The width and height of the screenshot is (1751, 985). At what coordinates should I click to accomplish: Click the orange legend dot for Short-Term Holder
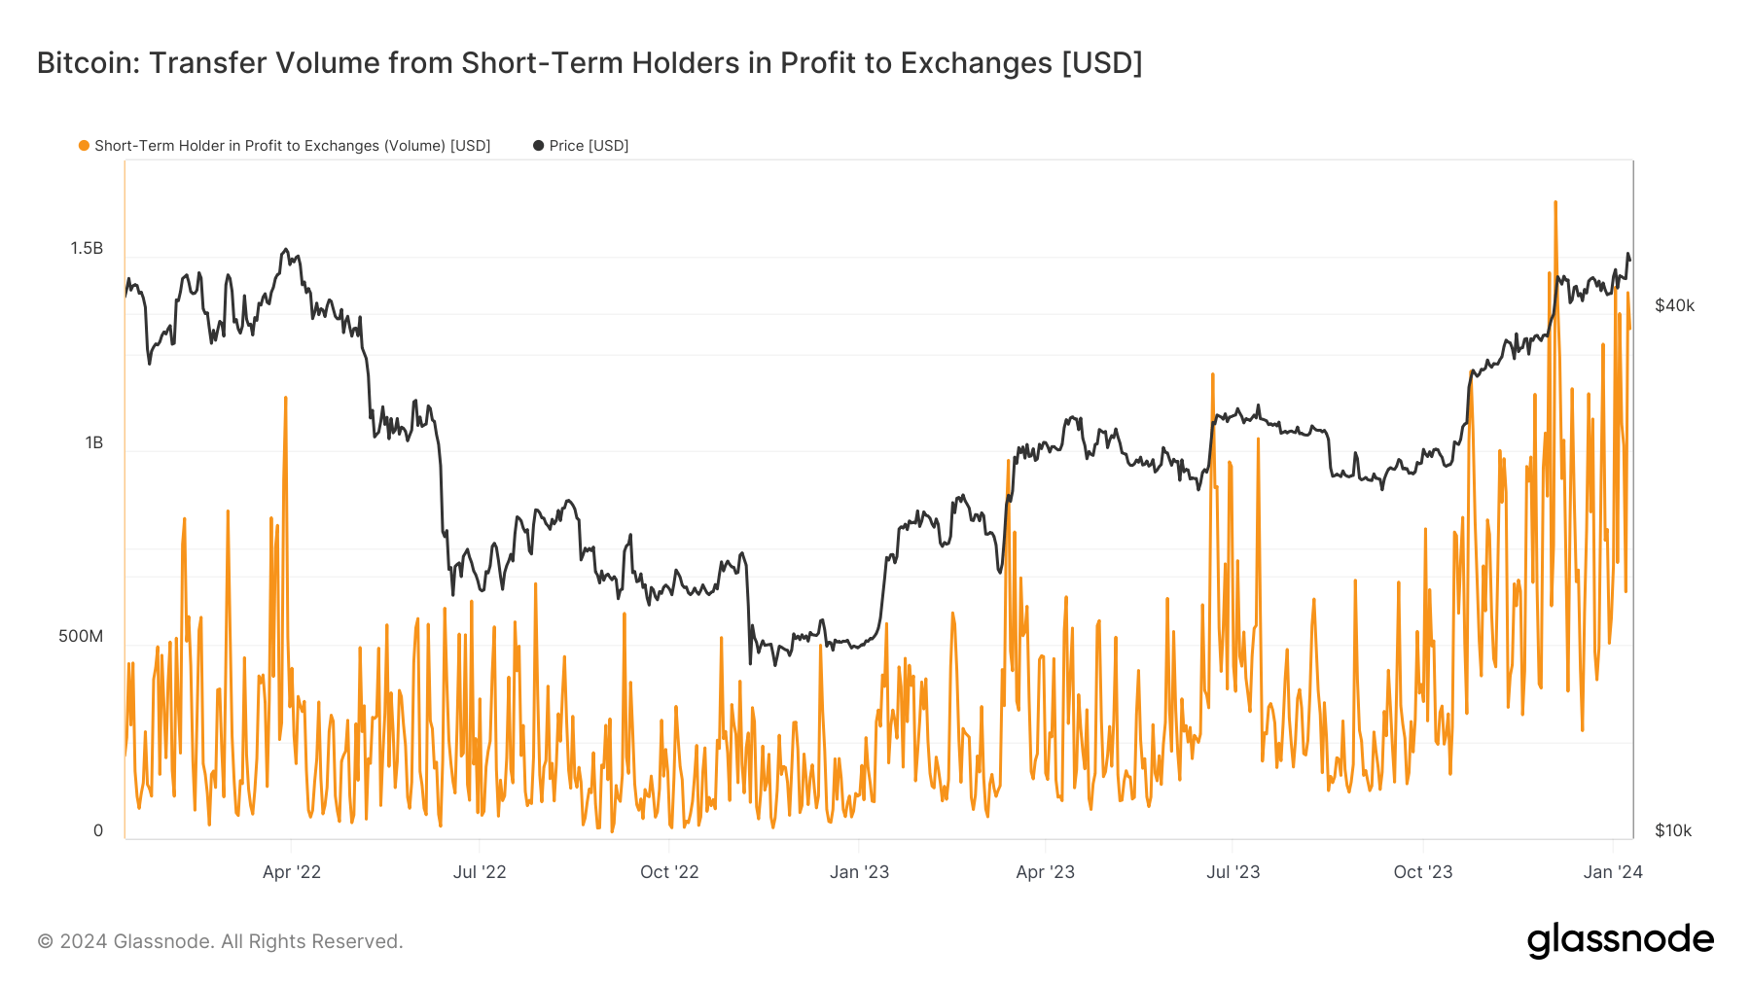point(85,146)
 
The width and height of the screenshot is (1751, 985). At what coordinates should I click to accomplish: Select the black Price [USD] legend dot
point(538,146)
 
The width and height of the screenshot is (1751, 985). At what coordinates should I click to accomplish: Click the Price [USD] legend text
point(589,146)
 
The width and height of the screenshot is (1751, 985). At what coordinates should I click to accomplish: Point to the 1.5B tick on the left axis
point(87,249)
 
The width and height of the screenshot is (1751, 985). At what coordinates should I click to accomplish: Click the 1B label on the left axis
point(93,443)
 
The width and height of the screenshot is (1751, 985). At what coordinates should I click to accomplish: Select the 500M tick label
point(81,637)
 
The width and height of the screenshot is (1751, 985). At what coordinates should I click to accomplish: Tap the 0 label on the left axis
point(97,830)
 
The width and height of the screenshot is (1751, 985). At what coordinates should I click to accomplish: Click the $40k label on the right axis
point(1674,305)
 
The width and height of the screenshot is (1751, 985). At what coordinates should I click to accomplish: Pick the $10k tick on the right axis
point(1673,830)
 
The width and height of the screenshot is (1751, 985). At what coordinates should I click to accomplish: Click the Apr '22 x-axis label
point(292,872)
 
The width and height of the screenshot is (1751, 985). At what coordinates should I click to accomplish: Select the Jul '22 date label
point(480,872)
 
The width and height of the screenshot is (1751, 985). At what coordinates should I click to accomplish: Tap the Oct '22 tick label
point(669,872)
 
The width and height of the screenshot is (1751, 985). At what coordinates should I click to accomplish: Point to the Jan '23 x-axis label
point(859,872)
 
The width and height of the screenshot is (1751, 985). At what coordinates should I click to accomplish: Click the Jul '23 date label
point(1233,872)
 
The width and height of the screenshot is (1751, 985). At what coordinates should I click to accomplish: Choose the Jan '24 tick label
point(1613,872)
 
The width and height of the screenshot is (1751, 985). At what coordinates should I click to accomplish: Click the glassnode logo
point(1620,940)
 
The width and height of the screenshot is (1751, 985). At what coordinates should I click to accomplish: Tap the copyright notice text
point(220,941)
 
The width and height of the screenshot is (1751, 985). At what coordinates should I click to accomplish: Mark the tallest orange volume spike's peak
point(1555,202)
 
